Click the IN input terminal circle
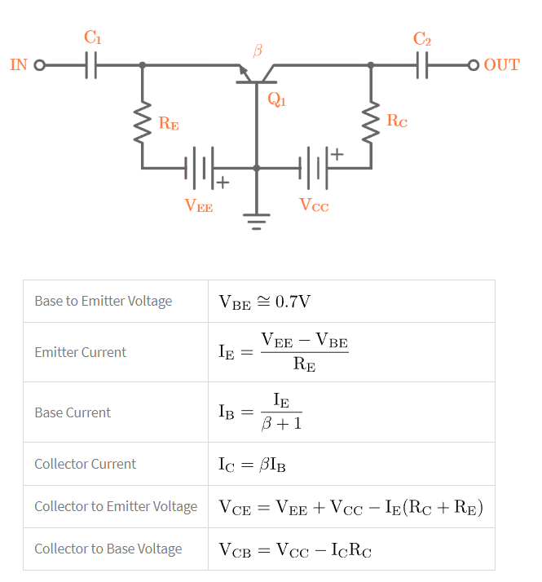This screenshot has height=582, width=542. coord(38,65)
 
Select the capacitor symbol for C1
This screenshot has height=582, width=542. coord(91,65)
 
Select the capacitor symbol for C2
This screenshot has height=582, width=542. coord(421,65)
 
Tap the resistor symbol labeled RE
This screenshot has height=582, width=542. coord(143,123)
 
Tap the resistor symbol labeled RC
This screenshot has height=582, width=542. coord(372,123)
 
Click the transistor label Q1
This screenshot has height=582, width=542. coord(277,100)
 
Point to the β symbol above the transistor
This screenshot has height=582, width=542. coord(258,51)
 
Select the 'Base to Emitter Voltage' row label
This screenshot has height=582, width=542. coord(104,301)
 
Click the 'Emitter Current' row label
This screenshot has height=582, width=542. coord(80,352)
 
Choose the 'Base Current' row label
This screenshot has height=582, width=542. coord(73,412)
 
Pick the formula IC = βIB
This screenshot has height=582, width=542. coord(252,465)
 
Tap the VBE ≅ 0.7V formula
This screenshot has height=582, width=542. coord(264,302)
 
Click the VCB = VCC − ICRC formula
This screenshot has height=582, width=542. coord(295,549)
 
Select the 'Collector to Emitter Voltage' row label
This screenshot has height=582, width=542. coord(116,506)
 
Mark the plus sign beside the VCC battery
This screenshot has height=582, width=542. coord(337,153)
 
